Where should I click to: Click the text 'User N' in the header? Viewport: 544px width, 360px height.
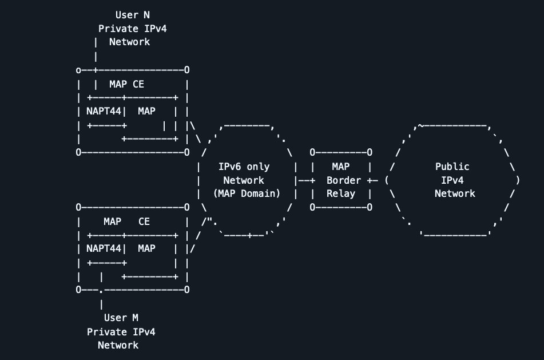pyautogui.click(x=132, y=15)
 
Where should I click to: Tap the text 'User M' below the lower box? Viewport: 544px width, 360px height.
pyautogui.click(x=121, y=318)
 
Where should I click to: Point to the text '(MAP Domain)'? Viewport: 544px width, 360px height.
pyautogui.click(x=247, y=193)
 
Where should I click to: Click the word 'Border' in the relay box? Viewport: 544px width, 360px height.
pyautogui.click(x=344, y=180)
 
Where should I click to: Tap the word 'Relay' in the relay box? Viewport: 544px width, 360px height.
pyautogui.click(x=341, y=193)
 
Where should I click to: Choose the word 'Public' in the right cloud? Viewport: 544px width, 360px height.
pyautogui.click(x=452, y=167)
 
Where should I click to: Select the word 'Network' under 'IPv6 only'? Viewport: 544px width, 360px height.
pyautogui.click(x=244, y=180)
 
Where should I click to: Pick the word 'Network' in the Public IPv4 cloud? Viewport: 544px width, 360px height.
pyautogui.click(x=455, y=193)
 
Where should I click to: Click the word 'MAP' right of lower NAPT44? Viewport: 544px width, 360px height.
pyautogui.click(x=146, y=248)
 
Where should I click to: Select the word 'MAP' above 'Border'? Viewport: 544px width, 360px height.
pyautogui.click(x=341, y=167)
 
